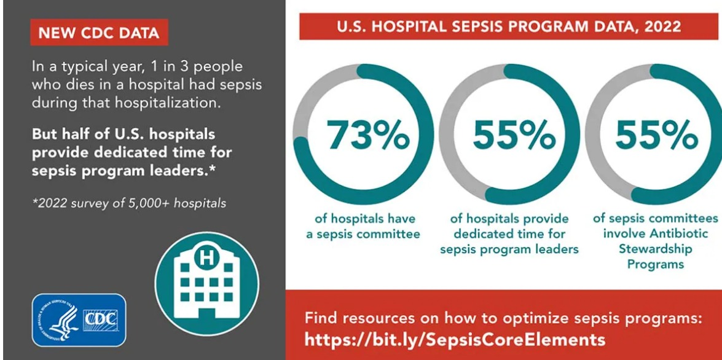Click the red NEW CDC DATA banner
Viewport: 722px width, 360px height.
click(x=99, y=33)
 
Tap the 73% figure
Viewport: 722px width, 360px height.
click(x=367, y=135)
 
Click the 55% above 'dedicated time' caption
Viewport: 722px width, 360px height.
click(x=514, y=135)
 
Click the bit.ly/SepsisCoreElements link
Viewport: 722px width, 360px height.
click(x=455, y=339)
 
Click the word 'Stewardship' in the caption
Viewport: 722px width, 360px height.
click(x=655, y=249)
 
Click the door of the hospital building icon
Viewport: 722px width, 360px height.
click(x=207, y=311)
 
